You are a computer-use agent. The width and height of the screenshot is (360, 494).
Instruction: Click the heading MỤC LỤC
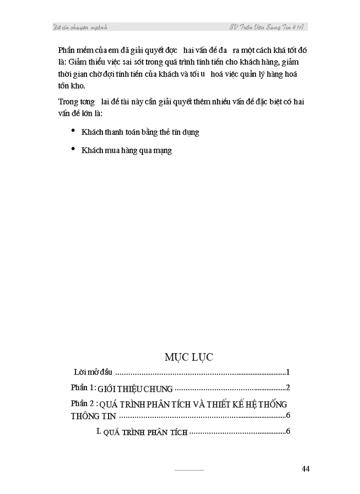189,357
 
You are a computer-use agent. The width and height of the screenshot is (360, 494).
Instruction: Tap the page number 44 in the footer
305,468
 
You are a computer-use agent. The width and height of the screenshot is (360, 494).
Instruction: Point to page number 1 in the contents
289,372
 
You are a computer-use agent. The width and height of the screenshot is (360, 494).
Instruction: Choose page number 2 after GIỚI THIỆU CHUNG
289,387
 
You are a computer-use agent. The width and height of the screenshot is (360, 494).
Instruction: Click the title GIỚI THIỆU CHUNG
135,388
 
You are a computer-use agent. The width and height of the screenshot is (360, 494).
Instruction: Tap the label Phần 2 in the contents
82,403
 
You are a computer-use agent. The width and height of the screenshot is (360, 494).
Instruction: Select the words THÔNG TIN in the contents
94,416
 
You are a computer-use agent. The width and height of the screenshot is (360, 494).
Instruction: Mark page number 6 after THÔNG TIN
289,416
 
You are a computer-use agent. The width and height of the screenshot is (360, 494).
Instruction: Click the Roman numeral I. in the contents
99,431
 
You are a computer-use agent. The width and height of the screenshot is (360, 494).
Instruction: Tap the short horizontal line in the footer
189,470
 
